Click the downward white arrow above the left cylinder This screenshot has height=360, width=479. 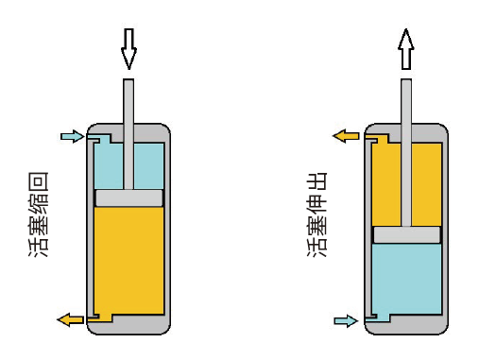[x=128, y=49]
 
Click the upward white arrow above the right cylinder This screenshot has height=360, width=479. [x=406, y=49]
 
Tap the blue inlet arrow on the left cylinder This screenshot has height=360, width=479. [x=73, y=136]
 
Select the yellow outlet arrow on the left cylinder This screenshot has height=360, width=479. [x=70, y=319]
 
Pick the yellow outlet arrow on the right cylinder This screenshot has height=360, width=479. [x=346, y=136]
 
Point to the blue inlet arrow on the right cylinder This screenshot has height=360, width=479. [x=346, y=320]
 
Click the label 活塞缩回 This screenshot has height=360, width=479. [x=39, y=214]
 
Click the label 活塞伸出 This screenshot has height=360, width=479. [x=316, y=214]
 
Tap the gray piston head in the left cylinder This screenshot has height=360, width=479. [x=128, y=197]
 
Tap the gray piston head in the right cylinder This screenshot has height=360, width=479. [x=406, y=234]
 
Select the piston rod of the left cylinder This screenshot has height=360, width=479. [x=128, y=134]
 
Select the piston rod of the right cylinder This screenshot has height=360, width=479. [x=406, y=152]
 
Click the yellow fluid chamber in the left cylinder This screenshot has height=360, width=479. [x=128, y=261]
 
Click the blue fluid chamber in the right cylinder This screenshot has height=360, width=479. [x=406, y=279]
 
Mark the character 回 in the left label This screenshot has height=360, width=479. [x=39, y=181]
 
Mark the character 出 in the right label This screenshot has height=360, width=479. [x=316, y=181]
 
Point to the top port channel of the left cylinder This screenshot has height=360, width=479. [x=100, y=139]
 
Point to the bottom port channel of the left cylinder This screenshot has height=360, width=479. [x=100, y=317]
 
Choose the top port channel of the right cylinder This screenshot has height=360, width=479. [x=377, y=138]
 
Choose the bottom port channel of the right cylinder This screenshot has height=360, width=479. [x=378, y=317]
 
